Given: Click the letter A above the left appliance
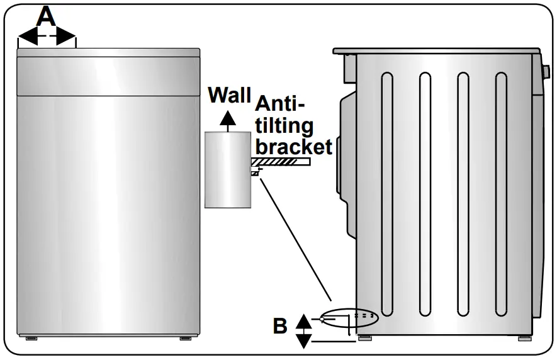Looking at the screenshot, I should (x=47, y=16).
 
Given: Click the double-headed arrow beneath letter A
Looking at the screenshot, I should (x=47, y=40).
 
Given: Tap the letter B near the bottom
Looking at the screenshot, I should (x=280, y=327).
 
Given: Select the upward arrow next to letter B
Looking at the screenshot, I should (x=303, y=320).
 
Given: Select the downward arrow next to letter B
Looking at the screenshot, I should (x=303, y=340).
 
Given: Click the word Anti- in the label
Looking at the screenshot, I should (x=280, y=104).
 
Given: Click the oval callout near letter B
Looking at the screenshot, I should (x=350, y=318).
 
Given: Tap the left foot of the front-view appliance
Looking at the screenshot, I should (x=31, y=339).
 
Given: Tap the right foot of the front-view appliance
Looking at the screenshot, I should (x=185, y=339).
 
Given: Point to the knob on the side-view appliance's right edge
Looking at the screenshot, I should (x=543, y=69).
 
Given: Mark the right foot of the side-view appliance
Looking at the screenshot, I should (x=524, y=339).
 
